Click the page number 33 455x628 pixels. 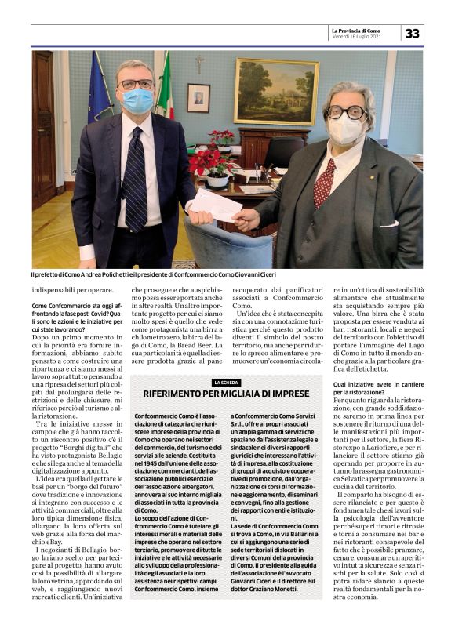tap(412, 33)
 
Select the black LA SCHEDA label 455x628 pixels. tap(226, 382)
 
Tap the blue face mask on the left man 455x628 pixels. tap(138, 100)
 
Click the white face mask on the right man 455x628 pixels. tap(345, 127)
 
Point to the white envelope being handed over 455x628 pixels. tap(217, 206)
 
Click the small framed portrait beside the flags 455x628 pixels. tap(198, 97)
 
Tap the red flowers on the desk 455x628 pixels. tap(209, 161)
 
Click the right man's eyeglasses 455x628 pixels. tap(345, 111)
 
